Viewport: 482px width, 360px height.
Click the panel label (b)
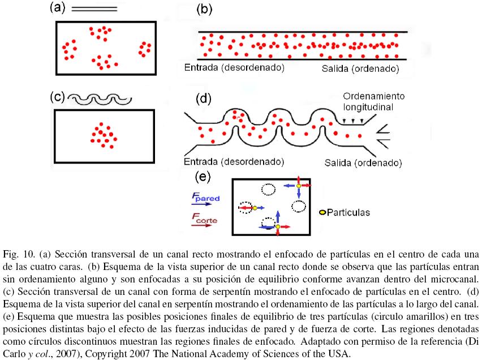[x=204, y=8]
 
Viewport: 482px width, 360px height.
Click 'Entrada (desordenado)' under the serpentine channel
[x=234, y=162]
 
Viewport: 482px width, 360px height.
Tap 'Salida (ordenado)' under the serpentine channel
[x=363, y=163]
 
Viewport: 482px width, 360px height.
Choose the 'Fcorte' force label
[x=205, y=217]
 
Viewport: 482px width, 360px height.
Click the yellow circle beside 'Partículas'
[x=322, y=213]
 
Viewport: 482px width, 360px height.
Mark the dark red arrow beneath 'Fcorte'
[x=204, y=225]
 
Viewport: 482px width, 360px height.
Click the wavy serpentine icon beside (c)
[x=99, y=100]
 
